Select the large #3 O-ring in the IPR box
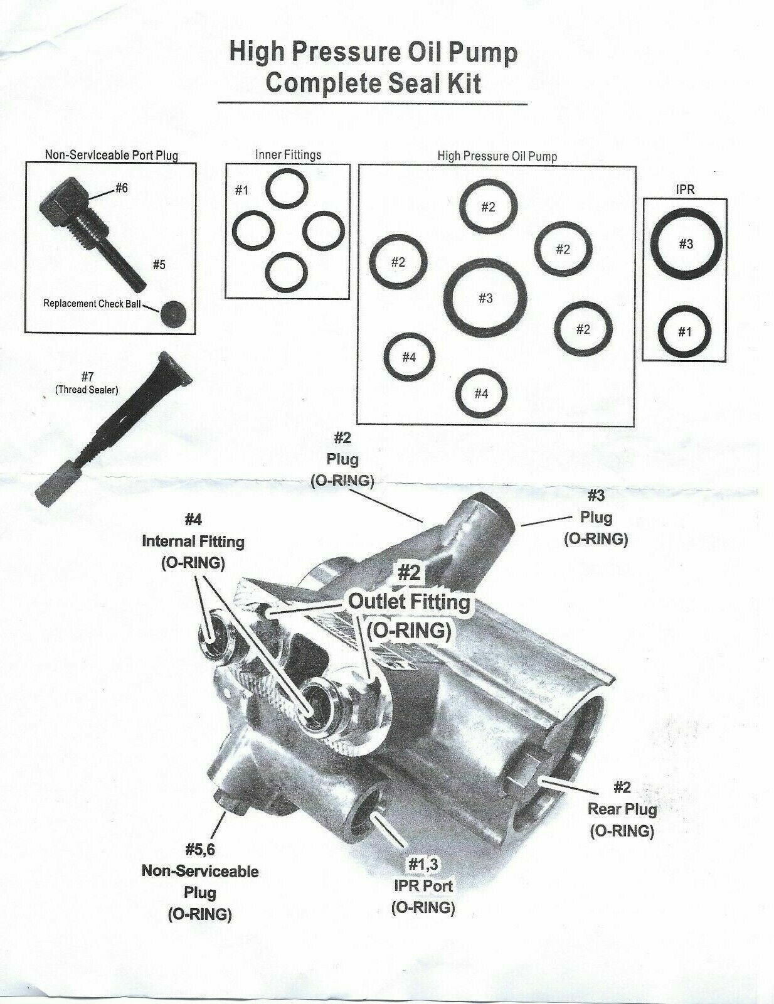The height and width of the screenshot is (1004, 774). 686,244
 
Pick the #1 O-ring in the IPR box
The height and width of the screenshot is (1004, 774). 684,331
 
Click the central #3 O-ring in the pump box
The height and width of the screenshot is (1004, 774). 485,297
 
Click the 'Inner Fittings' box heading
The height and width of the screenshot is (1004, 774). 289,154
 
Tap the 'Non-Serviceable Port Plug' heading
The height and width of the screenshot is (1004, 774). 111,154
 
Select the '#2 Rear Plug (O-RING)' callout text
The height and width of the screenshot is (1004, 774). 622,809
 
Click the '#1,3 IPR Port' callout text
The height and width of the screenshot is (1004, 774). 423,885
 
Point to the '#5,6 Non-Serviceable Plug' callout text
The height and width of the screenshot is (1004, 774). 199,882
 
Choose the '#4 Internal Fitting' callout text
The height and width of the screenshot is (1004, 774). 193,540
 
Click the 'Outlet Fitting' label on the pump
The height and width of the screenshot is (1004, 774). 409,602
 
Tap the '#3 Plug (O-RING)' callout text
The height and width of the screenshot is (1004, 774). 596,518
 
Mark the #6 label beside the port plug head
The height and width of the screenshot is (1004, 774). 121,188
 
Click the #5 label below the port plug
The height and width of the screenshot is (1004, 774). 159,264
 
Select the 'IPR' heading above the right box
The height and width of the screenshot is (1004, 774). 686,189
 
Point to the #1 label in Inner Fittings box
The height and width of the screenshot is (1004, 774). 241,190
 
